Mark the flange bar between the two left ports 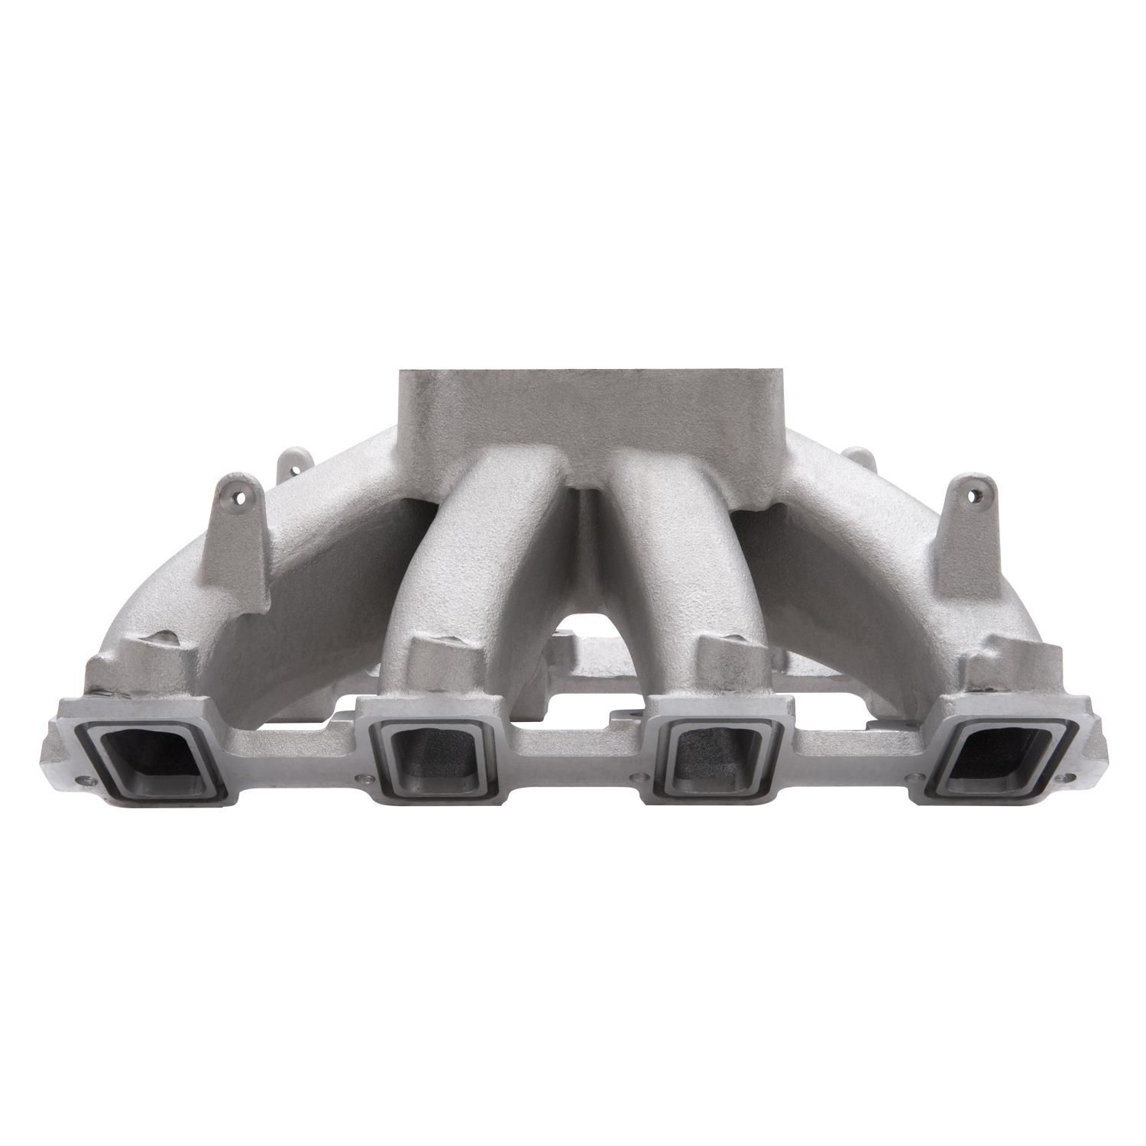tap(294, 764)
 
